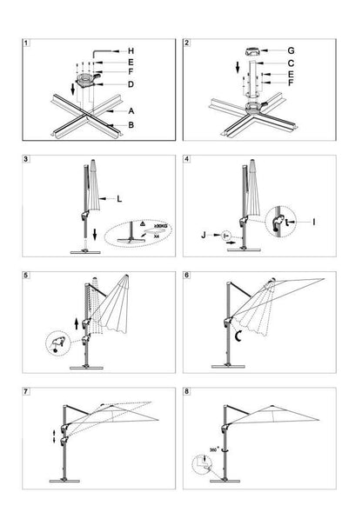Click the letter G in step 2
point(314,51)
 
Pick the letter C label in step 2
point(314,64)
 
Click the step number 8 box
point(189,390)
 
